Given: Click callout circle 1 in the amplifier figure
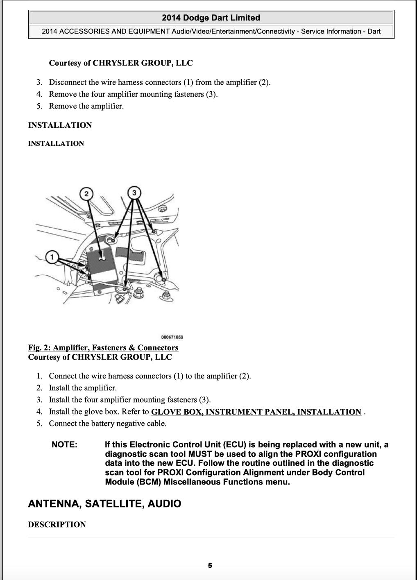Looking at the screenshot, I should point(52,257).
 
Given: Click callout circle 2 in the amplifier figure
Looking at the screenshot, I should point(86,194).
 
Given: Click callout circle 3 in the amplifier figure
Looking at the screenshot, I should point(134,192).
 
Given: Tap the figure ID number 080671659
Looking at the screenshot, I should point(172,337).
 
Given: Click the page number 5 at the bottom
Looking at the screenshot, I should point(210,566).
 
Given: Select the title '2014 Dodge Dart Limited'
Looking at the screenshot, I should point(211,18).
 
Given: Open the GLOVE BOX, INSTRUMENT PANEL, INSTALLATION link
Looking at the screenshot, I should point(256,412).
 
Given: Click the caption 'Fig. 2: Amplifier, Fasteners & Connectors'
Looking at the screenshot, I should point(103,348).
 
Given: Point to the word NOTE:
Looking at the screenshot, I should point(64,445).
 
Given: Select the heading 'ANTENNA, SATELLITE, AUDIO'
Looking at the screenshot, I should point(104,504).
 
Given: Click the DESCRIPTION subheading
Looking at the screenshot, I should point(57,525).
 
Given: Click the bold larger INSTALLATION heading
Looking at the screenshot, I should point(60,125).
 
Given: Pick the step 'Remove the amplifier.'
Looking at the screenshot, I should point(86,106).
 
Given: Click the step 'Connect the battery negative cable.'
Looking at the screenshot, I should point(107,424).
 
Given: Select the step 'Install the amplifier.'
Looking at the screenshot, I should point(83,388).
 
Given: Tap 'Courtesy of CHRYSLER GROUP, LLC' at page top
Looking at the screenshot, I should point(120,63).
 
